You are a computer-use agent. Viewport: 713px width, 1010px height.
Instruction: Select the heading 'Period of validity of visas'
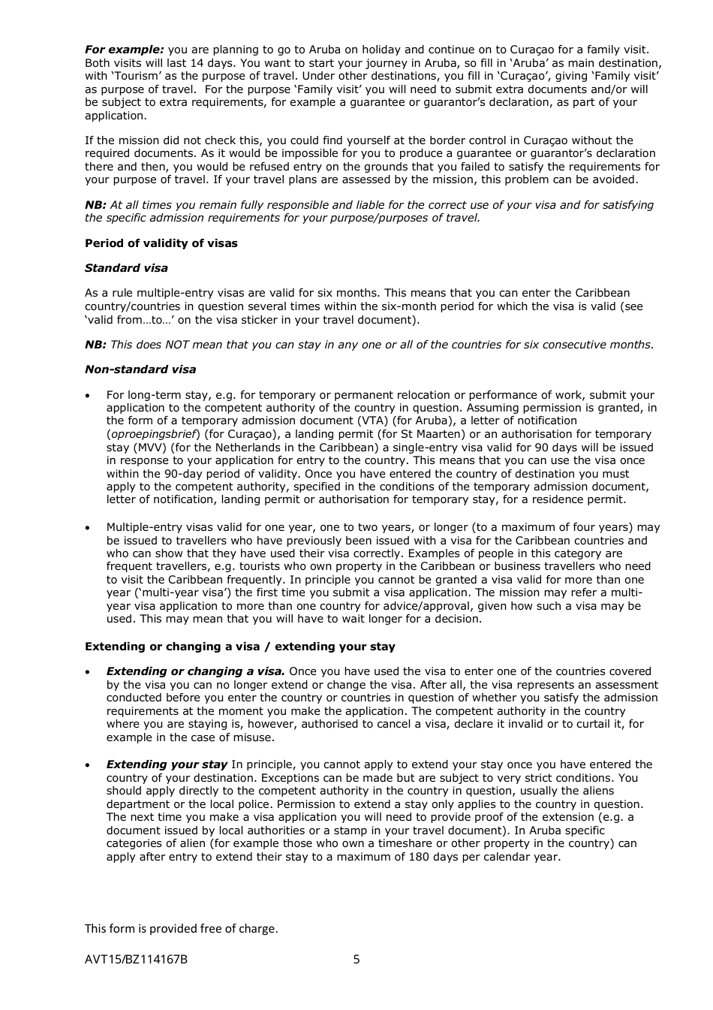point(161,243)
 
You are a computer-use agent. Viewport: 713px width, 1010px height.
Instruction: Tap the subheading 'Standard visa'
point(126,268)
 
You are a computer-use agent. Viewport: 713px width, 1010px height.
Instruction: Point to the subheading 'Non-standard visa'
point(140,369)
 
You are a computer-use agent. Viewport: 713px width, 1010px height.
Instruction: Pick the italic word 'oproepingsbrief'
point(153,434)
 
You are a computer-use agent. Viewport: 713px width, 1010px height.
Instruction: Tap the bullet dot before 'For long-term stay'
point(89,395)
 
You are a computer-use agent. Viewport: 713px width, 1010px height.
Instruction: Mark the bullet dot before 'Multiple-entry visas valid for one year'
point(89,527)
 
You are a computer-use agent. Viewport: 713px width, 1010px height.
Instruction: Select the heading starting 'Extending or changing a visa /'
point(239,647)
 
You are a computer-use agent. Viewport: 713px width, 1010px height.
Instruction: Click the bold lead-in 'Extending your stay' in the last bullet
point(167,764)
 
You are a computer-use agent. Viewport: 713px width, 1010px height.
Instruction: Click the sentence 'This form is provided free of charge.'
point(181,928)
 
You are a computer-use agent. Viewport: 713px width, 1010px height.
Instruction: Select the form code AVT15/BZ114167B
point(136,959)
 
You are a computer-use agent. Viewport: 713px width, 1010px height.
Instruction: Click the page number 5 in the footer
point(356,959)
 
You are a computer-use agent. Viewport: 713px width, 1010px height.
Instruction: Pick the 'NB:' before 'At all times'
point(95,205)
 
